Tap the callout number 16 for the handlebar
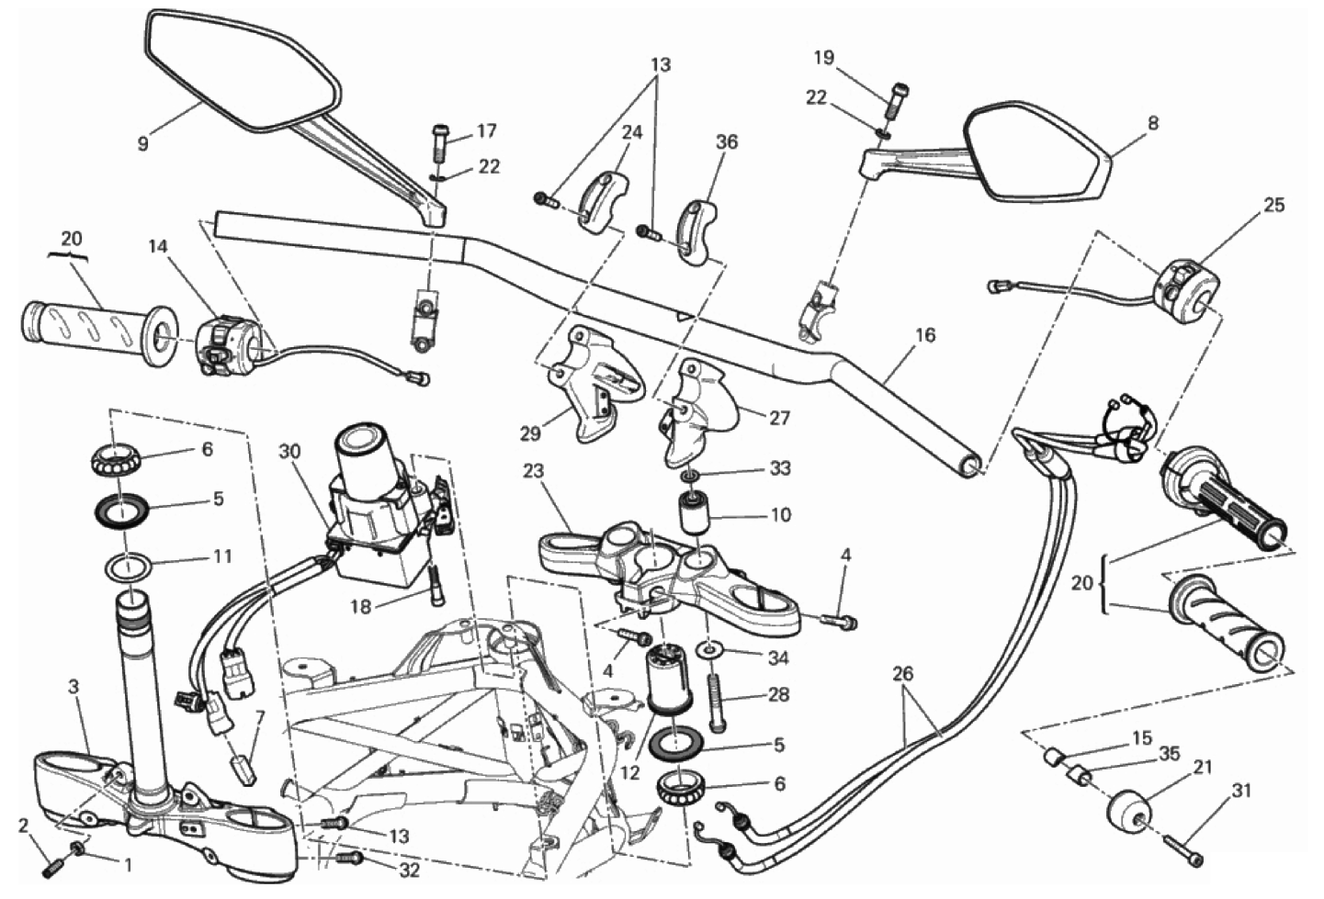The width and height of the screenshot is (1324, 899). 925,336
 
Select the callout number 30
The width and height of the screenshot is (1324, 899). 290,452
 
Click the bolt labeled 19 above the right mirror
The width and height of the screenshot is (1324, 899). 896,97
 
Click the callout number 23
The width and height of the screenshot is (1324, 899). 533,472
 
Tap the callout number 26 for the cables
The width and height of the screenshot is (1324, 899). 903,674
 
